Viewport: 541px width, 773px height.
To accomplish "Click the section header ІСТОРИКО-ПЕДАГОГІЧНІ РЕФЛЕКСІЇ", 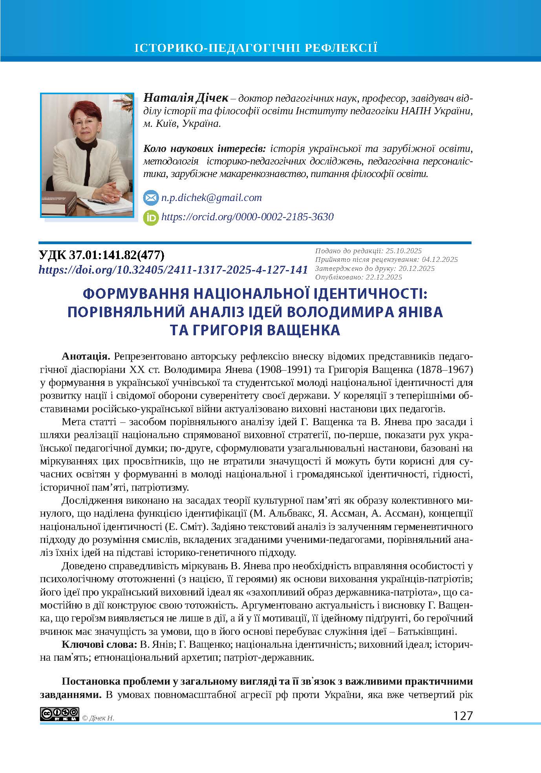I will click(x=256, y=48).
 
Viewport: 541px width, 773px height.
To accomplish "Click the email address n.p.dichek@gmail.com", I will click(x=211, y=197).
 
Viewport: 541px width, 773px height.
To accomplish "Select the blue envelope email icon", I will click(x=150, y=198).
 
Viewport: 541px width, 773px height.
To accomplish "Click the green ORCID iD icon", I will click(x=151, y=217).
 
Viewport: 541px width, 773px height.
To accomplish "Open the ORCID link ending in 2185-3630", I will click(x=247, y=217).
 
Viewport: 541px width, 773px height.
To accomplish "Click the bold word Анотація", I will click(x=86, y=356).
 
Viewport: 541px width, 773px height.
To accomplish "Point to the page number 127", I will click(x=463, y=716).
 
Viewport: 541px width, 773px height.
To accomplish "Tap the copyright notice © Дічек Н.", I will click(x=98, y=718).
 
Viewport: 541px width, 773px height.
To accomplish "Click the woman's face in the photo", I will click(x=85, y=130).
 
